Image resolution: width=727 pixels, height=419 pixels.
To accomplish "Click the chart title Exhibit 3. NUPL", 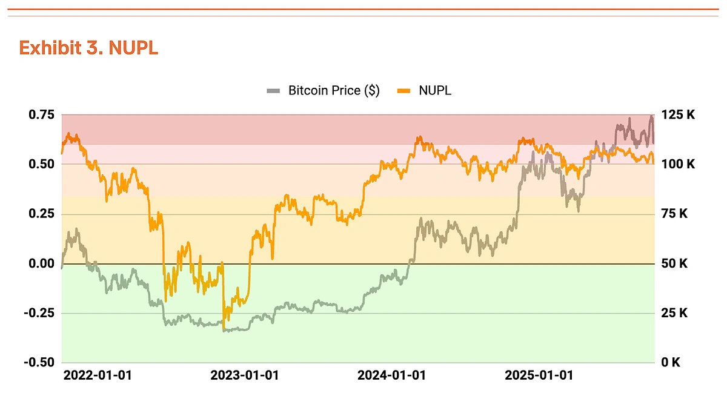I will [x=88, y=48].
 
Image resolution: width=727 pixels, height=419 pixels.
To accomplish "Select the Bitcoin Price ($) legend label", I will [x=334, y=91].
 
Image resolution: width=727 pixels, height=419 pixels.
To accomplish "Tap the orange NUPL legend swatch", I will [x=404, y=91].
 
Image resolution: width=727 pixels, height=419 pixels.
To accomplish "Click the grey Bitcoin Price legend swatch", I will [x=274, y=91].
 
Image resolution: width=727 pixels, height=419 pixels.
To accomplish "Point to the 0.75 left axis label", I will [x=40, y=114].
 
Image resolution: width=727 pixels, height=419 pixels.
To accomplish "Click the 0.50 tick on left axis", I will [x=40, y=164].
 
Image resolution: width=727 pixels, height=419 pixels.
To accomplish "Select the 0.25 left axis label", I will [x=40, y=214].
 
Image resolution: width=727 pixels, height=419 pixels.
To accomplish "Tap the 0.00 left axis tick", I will [x=40, y=263].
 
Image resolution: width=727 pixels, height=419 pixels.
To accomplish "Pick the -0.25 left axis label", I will [x=38, y=313].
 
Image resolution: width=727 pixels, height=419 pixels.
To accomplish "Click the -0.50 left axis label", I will [x=38, y=362].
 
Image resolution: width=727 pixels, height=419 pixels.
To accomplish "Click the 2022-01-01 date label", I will [x=98, y=375].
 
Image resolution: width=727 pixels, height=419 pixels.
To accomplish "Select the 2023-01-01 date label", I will [x=245, y=375].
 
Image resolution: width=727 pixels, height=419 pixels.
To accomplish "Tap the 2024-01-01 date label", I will [x=391, y=375].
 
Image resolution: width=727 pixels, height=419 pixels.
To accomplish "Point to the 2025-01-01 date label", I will [x=539, y=375].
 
